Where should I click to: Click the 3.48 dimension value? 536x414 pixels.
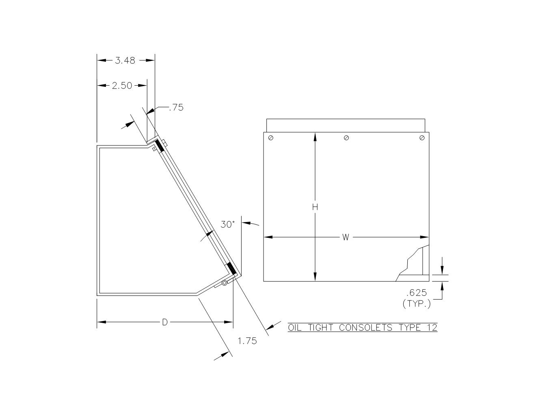(x=125, y=60)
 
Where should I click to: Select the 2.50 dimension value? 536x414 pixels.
(x=122, y=86)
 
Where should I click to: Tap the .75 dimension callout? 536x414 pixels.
(x=176, y=108)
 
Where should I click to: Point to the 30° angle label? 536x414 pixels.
(x=228, y=224)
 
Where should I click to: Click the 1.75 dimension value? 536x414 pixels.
(x=247, y=341)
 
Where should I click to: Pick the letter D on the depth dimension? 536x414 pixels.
(x=165, y=322)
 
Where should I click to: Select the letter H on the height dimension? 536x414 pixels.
(x=315, y=207)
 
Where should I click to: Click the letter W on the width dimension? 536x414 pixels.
(x=345, y=237)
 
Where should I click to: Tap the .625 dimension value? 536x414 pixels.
(x=417, y=293)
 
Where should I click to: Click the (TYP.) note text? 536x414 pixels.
(x=417, y=303)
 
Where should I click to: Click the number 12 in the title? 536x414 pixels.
(x=432, y=328)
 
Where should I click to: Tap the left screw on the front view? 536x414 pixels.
(x=271, y=138)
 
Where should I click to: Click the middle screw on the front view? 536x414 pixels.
(x=346, y=138)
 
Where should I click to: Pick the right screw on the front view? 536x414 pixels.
(x=422, y=138)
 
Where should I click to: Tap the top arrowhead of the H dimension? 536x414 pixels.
(x=315, y=136)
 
